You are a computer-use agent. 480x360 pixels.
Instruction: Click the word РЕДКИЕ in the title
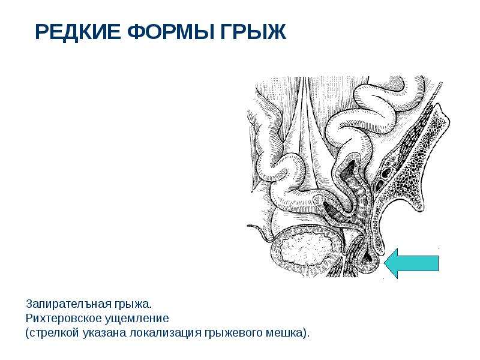tap(78, 32)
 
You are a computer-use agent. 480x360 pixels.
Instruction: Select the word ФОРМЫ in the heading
tap(170, 32)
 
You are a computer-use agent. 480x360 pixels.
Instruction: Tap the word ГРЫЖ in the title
tap(253, 32)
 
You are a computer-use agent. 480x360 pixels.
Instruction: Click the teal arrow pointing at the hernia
tap(411, 263)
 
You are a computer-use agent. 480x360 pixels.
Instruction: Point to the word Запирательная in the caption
tap(68, 304)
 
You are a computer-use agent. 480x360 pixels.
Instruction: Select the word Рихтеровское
tap(64, 319)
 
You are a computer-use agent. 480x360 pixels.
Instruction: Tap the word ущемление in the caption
tap(137, 319)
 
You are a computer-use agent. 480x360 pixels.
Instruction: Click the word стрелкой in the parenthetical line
tap(54, 333)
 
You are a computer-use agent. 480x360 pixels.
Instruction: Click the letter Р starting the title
tap(42, 32)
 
